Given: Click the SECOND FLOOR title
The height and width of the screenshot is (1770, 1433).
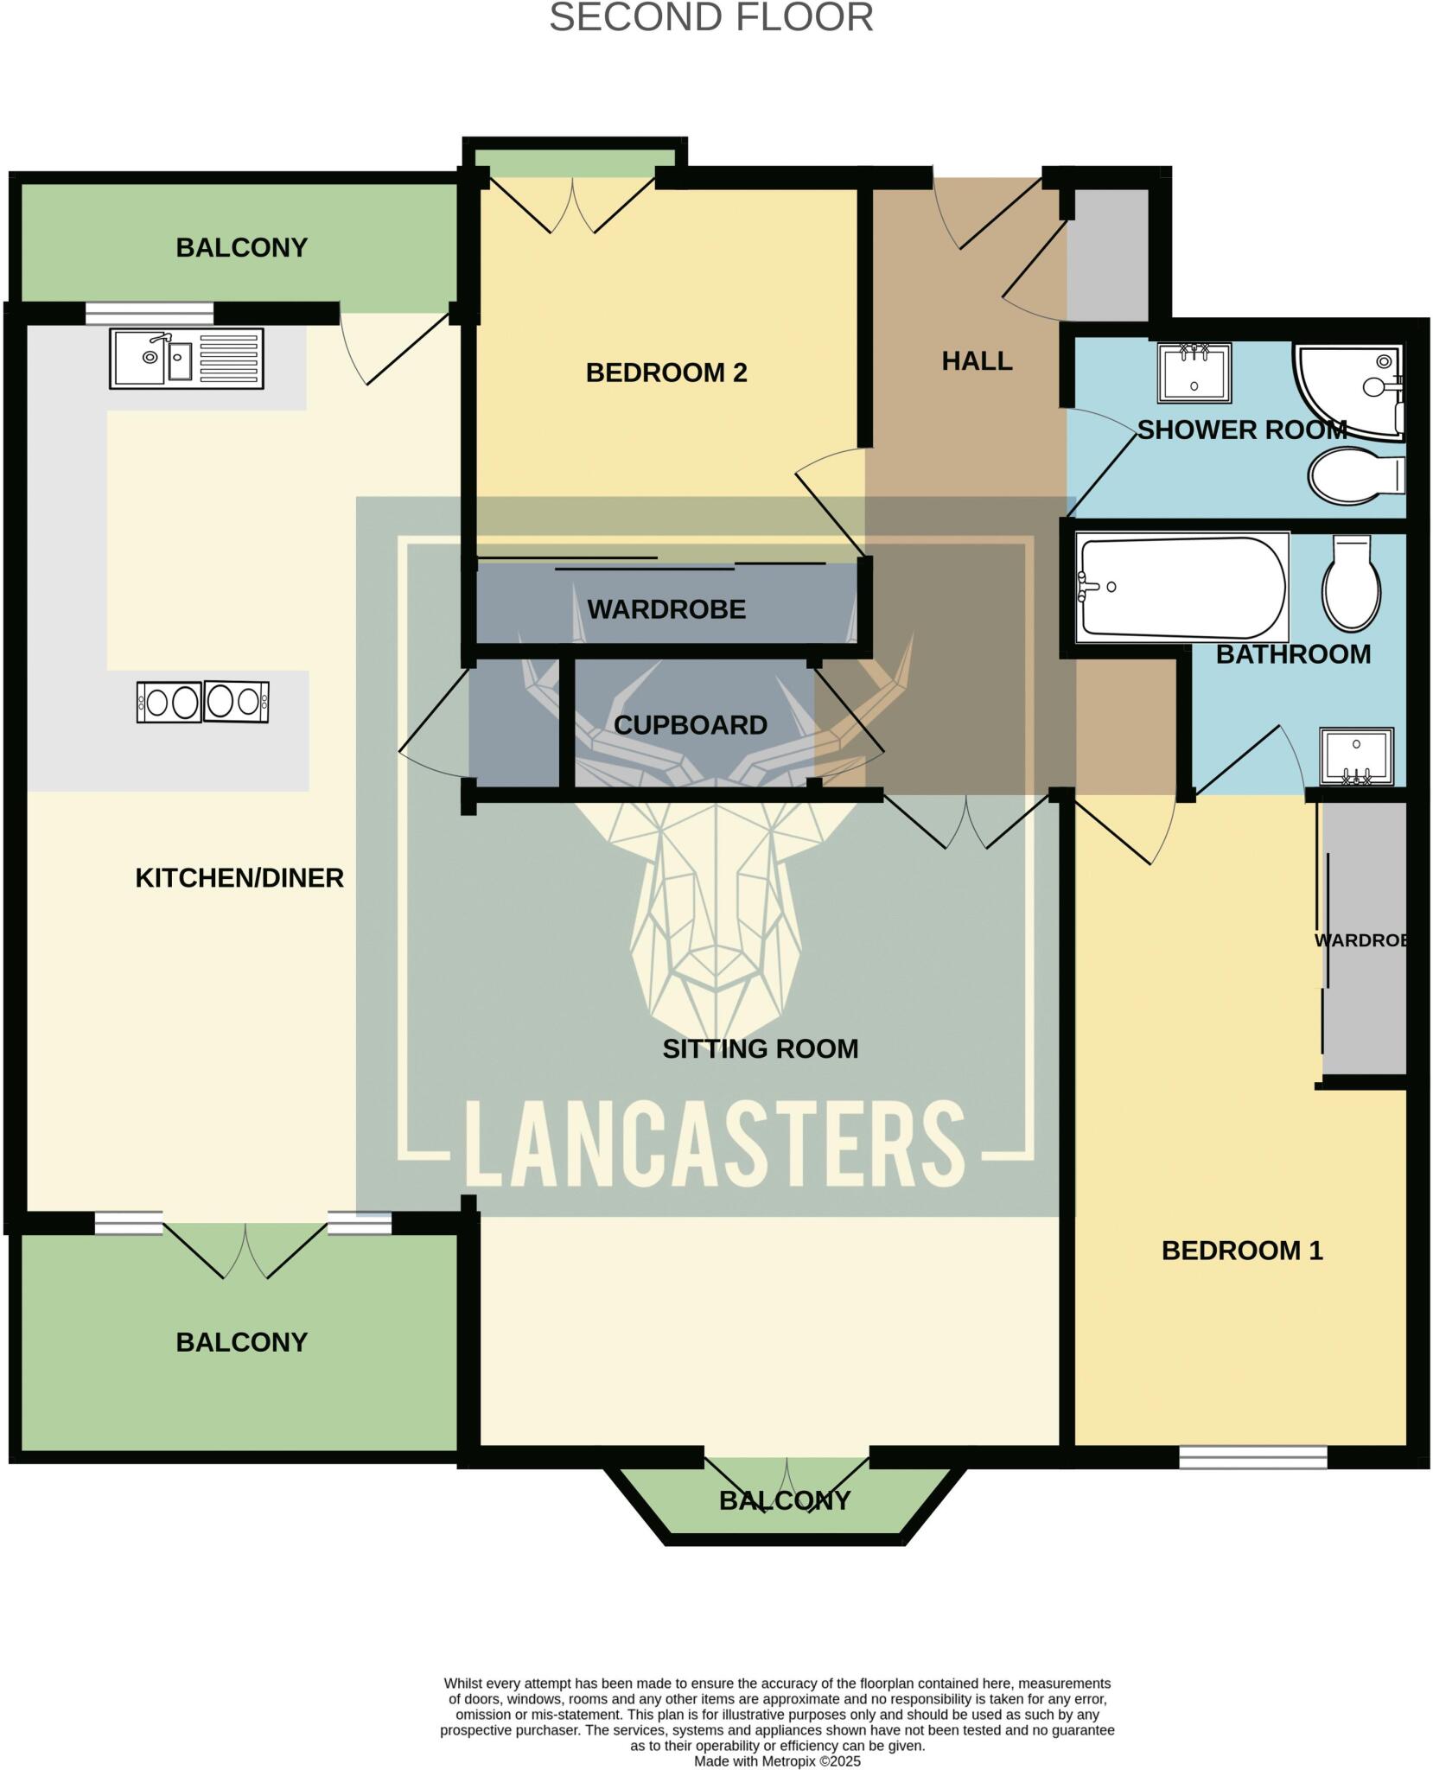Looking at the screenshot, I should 710,18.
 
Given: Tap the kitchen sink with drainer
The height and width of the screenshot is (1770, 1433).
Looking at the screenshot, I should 186,358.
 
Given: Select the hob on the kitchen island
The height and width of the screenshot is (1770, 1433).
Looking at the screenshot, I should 203,701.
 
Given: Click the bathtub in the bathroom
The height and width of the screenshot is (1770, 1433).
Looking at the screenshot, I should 1181,588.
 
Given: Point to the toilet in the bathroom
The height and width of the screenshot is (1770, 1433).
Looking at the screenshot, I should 1351,584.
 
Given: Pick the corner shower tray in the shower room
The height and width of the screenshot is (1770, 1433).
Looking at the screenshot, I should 1348,389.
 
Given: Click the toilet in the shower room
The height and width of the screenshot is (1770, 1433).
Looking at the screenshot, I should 1354,475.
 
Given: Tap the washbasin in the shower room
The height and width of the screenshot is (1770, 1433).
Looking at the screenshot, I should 1194,372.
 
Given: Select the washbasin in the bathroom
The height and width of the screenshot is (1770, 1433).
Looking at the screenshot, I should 1356,756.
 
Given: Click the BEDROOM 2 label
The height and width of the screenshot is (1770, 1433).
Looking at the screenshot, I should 666,372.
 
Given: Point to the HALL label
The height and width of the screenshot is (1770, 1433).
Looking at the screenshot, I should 977,361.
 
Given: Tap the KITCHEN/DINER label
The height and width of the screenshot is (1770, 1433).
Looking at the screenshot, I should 239,878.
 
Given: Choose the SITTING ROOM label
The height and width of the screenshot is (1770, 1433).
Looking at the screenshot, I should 760,1048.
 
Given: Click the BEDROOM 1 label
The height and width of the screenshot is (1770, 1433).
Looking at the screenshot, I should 1242,1251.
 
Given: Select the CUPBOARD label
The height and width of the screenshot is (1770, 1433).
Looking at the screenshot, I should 690,725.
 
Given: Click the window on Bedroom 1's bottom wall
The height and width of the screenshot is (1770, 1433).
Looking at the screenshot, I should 1252,1457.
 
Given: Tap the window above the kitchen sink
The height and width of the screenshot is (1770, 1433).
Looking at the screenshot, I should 150,312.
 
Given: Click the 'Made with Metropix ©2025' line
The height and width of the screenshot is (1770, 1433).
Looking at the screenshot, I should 777,1760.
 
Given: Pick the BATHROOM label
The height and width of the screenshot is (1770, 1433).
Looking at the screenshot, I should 1293,654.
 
